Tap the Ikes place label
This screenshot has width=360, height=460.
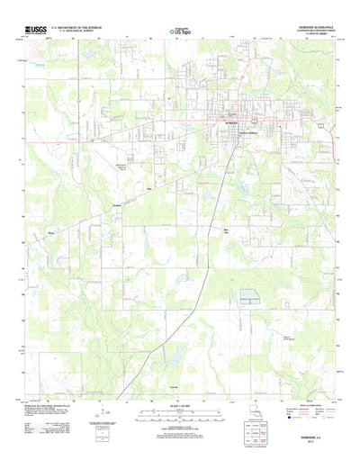[x=148, y=188]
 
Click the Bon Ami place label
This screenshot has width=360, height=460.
[x=226, y=231]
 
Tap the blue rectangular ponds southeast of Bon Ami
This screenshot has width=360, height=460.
[x=248, y=295]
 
